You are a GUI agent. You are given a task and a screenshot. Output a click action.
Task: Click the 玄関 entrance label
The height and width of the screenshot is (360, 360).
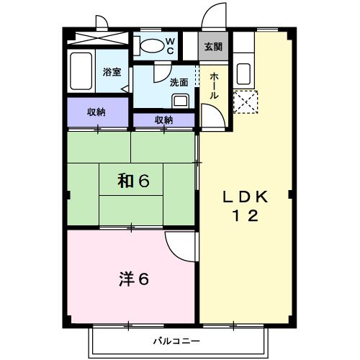tap(213, 48)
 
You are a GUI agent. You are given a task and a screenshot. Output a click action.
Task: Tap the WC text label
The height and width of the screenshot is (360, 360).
tap(171, 46)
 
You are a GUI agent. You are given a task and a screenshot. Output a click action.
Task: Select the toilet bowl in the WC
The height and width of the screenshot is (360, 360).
tap(153, 45)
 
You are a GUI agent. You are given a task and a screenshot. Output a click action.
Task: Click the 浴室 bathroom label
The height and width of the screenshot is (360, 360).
tap(112, 72)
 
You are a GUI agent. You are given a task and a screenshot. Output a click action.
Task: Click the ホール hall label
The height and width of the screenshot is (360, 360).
tap(215, 86)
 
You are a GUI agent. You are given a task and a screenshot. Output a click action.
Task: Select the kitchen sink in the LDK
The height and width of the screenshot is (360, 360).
tap(243, 74)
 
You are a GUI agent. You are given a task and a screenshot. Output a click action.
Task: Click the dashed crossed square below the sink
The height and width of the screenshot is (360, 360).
tap(245, 103)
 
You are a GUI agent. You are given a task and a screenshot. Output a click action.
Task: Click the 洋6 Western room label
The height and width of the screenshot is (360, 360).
tap(133, 279)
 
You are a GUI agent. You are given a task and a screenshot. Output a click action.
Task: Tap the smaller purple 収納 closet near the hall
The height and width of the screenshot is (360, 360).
tap(163, 120)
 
